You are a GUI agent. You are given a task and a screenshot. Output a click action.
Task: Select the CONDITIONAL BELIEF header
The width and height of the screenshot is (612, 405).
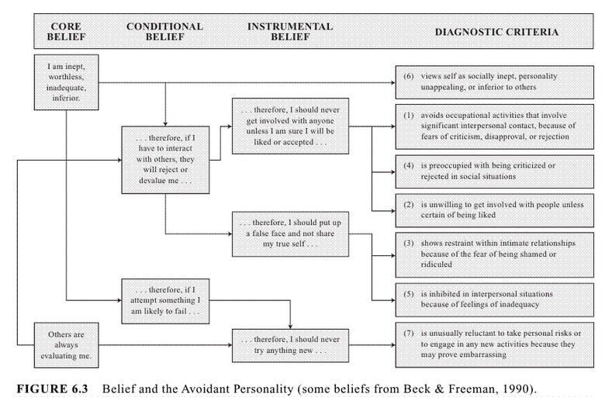165,32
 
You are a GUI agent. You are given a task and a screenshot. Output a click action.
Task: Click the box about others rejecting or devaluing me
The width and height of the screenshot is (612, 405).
166,160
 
